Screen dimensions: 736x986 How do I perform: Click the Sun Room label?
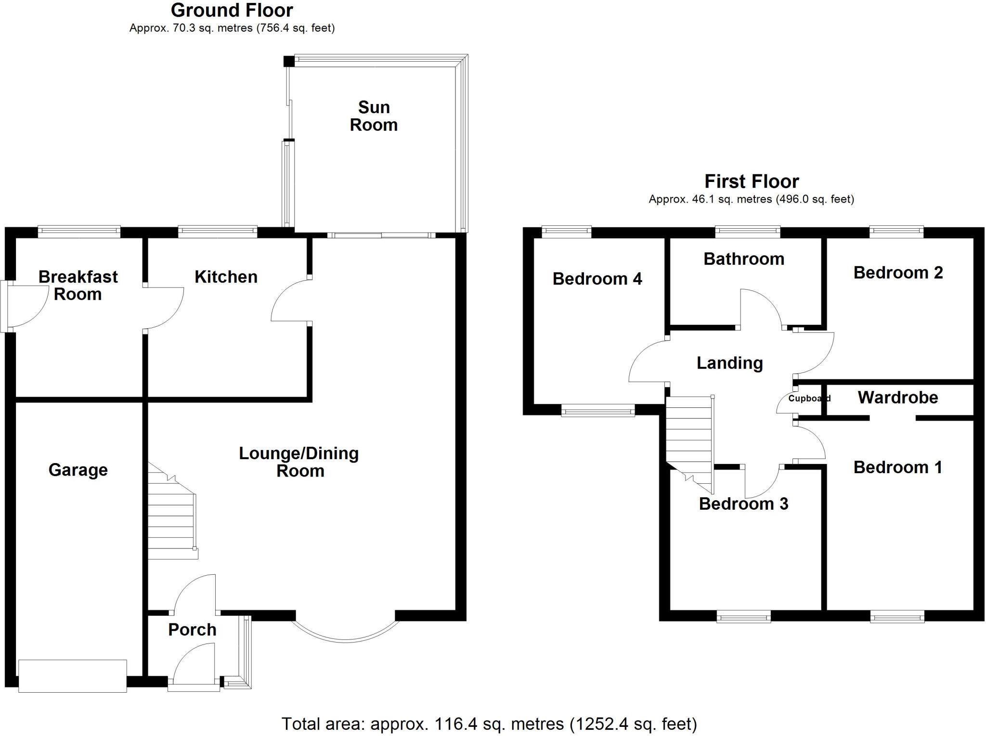pyautogui.click(x=374, y=116)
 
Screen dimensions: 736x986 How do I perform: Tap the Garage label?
pyautogui.click(x=78, y=470)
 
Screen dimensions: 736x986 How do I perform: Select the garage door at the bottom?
pyautogui.click(x=72, y=676)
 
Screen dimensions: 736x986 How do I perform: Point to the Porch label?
pyautogui.click(x=192, y=630)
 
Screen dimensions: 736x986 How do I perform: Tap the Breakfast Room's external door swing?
pyautogui.click(x=26, y=307)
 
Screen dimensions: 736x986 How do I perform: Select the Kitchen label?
pyautogui.click(x=226, y=277)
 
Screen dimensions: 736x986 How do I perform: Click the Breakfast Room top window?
pyautogui.click(x=79, y=232)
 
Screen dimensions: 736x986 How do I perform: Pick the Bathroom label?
pyautogui.click(x=744, y=259)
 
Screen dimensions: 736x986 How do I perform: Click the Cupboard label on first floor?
pyautogui.click(x=809, y=399)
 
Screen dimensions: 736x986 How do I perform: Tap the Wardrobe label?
pyautogui.click(x=898, y=398)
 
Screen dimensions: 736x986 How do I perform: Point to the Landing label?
pyautogui.click(x=729, y=363)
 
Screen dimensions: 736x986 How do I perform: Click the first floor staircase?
pyautogui.click(x=689, y=436)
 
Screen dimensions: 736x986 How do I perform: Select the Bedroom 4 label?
pyautogui.click(x=597, y=279)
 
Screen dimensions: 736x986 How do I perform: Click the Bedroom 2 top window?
pyautogui.click(x=896, y=232)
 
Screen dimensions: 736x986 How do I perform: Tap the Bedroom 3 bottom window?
pyautogui.click(x=743, y=617)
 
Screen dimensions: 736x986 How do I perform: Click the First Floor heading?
pyautogui.click(x=751, y=181)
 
